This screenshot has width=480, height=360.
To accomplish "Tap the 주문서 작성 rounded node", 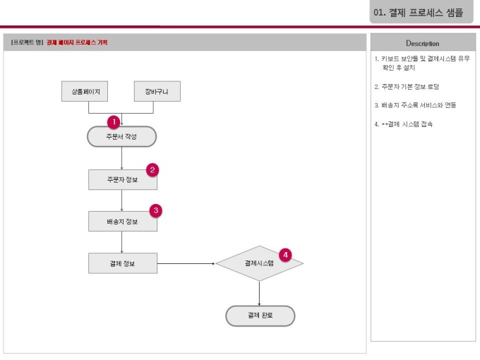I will click(x=121, y=136).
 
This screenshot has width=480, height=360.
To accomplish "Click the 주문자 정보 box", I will click(x=122, y=179).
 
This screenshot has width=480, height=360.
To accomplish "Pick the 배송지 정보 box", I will click(x=122, y=221).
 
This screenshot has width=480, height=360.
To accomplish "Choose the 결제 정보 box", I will click(x=122, y=263).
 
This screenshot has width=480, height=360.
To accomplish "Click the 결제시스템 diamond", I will click(x=259, y=263).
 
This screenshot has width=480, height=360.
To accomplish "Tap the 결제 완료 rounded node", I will click(x=260, y=316).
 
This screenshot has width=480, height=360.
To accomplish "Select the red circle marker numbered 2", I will click(x=152, y=169).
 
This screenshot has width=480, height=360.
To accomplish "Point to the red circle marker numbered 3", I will click(x=156, y=210).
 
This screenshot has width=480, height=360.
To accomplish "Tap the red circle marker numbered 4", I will click(x=284, y=254).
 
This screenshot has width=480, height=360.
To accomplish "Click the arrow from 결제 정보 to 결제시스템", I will click(x=186, y=263).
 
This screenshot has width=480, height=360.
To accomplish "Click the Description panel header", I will click(x=423, y=43).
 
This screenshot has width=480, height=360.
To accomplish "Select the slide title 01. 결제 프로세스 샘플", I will click(x=419, y=12).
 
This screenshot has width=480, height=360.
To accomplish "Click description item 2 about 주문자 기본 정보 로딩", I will click(x=407, y=87).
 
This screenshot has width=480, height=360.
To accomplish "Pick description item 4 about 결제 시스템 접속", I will click(x=404, y=124).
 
